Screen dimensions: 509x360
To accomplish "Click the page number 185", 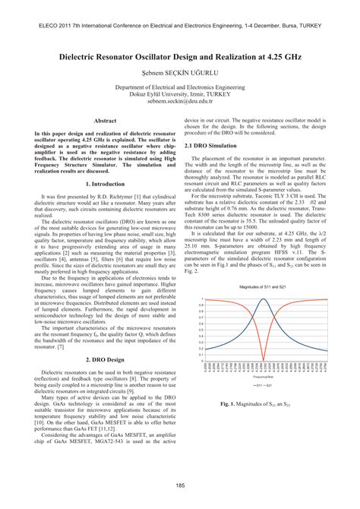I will pos(180,486).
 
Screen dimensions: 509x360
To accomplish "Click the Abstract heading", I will pos(104,121).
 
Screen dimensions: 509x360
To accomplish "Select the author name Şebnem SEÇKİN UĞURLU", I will pos(179,74).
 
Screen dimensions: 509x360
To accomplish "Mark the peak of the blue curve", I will pos(263,298).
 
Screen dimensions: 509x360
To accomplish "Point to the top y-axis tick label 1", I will pos(202,298).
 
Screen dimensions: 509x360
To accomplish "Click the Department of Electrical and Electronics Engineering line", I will pos(179,87).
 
